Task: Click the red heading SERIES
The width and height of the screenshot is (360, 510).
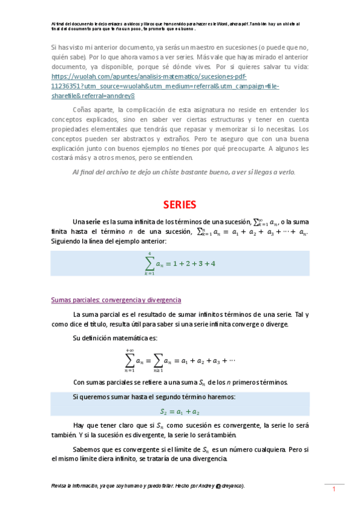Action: [x=180, y=204]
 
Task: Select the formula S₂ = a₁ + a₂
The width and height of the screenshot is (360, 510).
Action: [x=180, y=411]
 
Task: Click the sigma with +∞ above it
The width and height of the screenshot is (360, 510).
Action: [x=130, y=360]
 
